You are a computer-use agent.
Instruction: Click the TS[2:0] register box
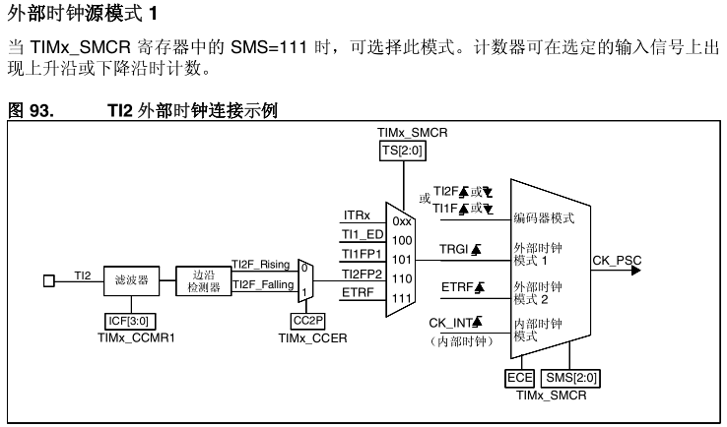coord(401,150)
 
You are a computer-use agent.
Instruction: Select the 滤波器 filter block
coord(131,280)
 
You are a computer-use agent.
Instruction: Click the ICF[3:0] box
coord(131,321)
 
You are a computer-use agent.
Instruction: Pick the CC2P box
coord(306,321)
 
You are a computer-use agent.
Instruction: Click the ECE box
coord(518,378)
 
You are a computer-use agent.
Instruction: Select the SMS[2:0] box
coord(571,378)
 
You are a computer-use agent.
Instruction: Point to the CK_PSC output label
coord(617,261)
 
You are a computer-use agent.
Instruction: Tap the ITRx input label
coord(357,214)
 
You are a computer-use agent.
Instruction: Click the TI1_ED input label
coord(362,234)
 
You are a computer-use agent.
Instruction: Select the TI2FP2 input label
coord(363,274)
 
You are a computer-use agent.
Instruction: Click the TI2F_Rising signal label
coord(260,264)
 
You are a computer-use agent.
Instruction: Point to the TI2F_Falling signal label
coord(261,285)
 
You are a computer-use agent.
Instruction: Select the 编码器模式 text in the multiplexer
coord(544,217)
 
